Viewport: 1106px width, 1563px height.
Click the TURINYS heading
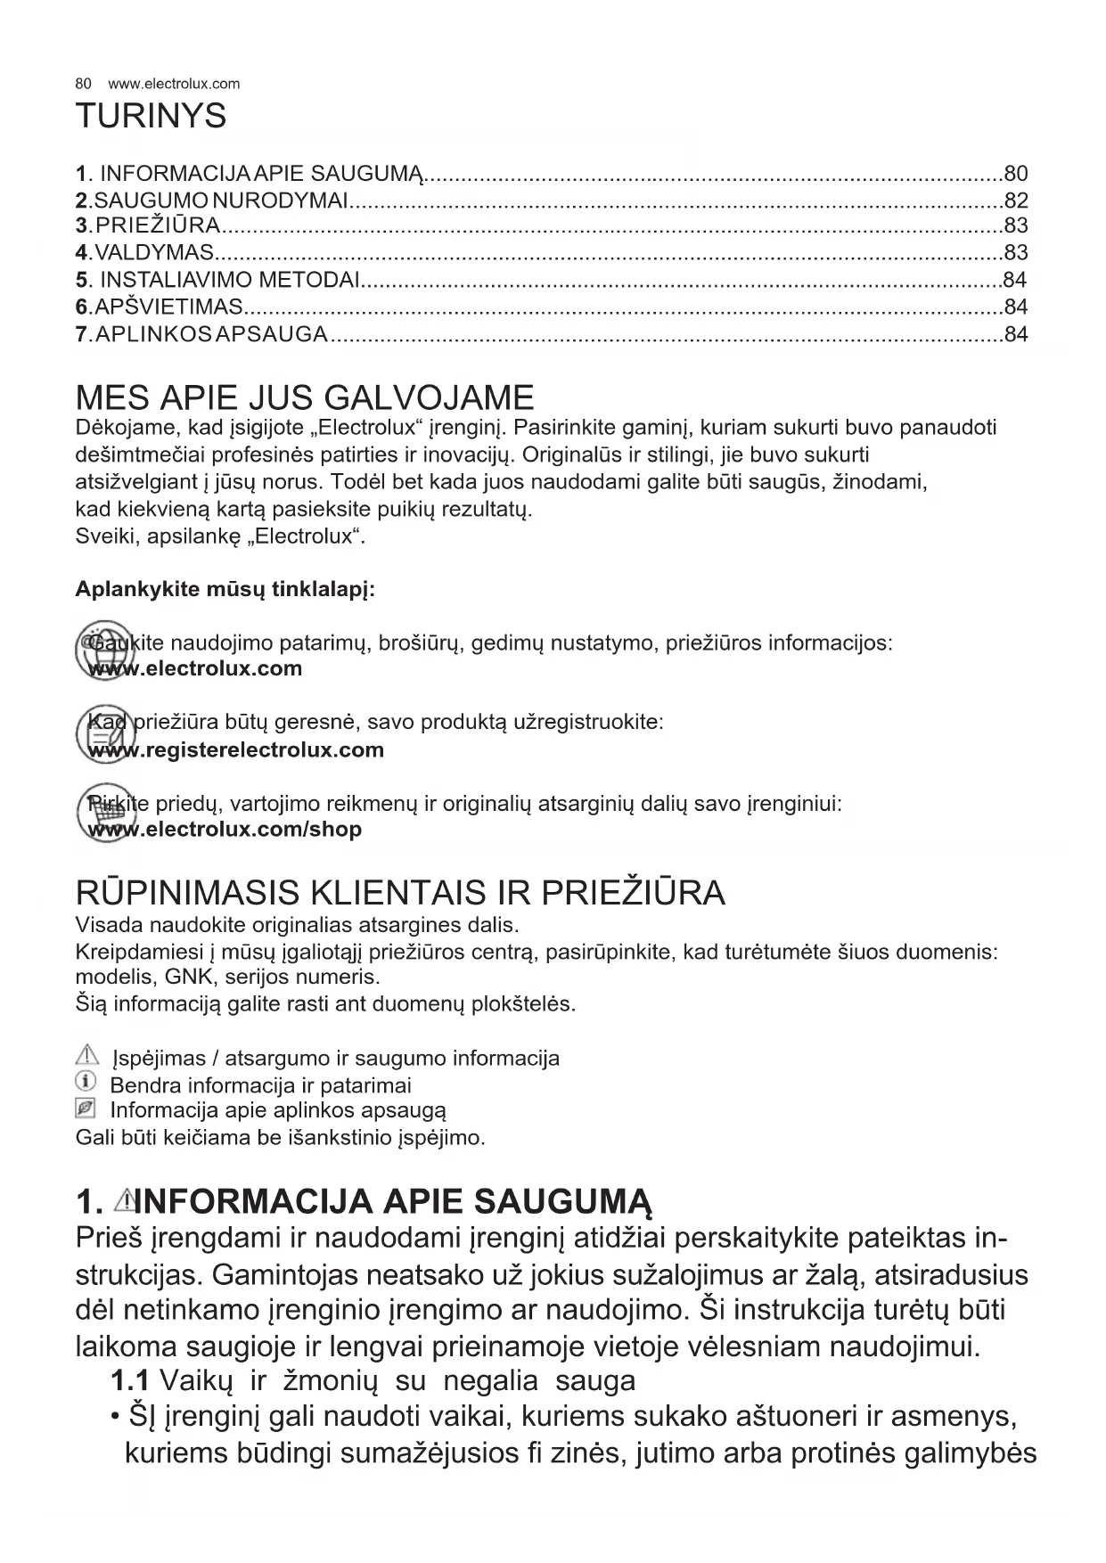click(151, 117)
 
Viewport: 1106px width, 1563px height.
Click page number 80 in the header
click(83, 84)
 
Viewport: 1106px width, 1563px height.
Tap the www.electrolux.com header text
click(174, 84)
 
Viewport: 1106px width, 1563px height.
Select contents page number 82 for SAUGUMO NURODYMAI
click(1015, 200)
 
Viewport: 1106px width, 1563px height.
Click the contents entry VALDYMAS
click(153, 252)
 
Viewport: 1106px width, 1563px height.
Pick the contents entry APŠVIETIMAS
click(168, 307)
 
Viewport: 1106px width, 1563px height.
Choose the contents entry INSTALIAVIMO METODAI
click(229, 280)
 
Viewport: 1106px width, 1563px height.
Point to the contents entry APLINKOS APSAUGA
click(210, 334)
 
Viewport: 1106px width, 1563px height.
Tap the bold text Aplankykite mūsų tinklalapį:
click(225, 590)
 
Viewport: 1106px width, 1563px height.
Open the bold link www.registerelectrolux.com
click(237, 750)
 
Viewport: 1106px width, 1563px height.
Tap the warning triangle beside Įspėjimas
click(86, 1057)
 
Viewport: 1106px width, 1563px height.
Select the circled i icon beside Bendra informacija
click(86, 1083)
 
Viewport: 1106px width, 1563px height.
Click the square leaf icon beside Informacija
click(86, 1109)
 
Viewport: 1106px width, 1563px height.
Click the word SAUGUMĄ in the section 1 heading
click(562, 1202)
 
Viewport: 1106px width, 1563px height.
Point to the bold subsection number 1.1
click(129, 1381)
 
